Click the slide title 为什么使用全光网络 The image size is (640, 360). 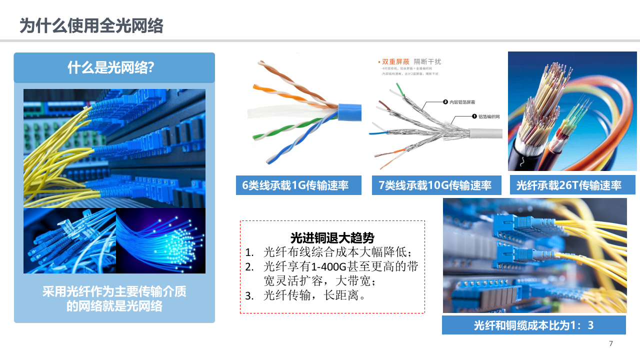(x=91, y=25)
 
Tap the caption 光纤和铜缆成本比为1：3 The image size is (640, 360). (x=533, y=325)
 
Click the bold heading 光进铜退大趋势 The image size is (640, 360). (x=332, y=238)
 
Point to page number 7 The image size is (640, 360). (x=611, y=343)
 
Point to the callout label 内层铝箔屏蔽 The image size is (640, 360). (x=462, y=102)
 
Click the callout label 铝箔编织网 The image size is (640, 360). (x=489, y=116)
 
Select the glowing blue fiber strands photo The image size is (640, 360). (x=160, y=241)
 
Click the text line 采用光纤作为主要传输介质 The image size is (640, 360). (x=114, y=291)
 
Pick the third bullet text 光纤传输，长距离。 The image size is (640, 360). (x=315, y=295)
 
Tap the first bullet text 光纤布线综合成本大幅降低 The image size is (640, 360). (x=337, y=252)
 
